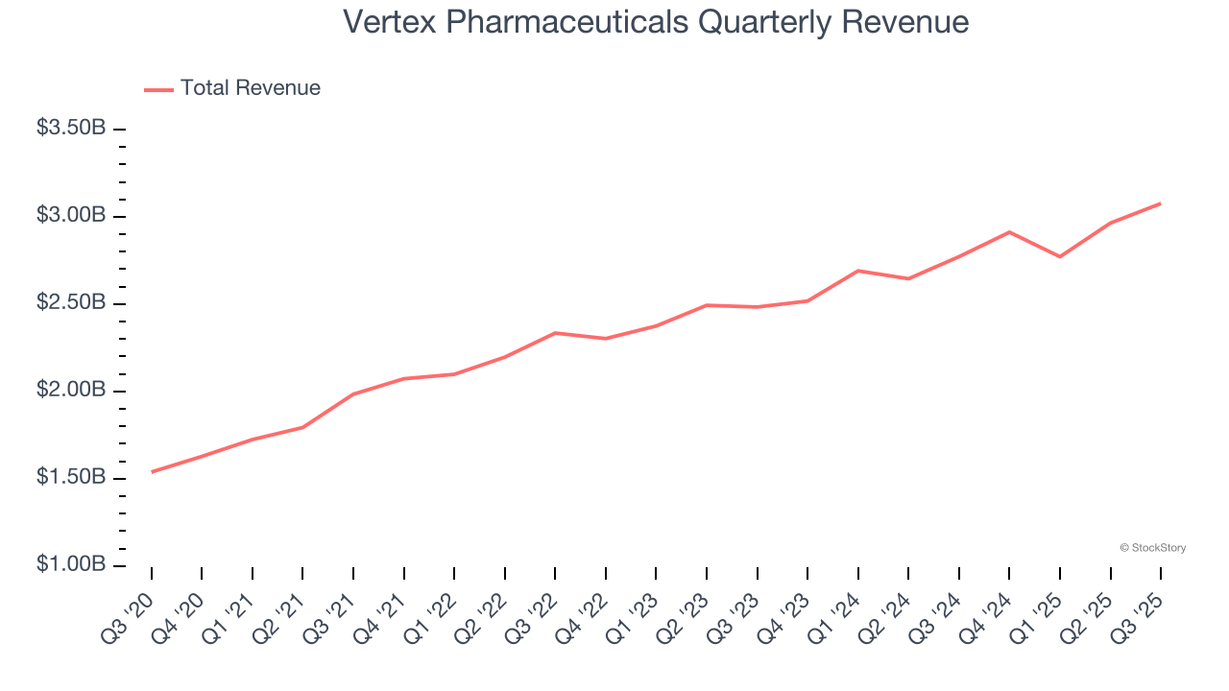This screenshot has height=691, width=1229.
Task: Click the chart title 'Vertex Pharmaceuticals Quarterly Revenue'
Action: point(656,22)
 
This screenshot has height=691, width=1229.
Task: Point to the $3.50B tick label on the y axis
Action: point(70,129)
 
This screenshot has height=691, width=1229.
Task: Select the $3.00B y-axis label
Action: point(70,216)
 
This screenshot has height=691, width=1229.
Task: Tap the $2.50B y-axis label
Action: point(70,303)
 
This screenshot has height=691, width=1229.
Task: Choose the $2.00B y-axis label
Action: point(70,391)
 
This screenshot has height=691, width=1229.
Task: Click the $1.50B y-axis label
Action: point(70,478)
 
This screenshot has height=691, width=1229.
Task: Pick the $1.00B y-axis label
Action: point(70,565)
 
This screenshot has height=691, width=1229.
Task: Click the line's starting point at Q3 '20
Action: point(152,471)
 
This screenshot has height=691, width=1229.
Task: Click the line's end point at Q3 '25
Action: point(1161,203)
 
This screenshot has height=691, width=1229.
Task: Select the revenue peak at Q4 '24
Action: point(1009,232)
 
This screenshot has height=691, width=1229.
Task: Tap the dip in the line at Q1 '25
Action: point(1060,256)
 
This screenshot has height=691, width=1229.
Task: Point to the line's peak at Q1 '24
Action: point(857,271)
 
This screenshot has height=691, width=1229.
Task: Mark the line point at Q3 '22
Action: point(555,333)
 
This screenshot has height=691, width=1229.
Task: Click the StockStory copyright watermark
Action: point(1152,548)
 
